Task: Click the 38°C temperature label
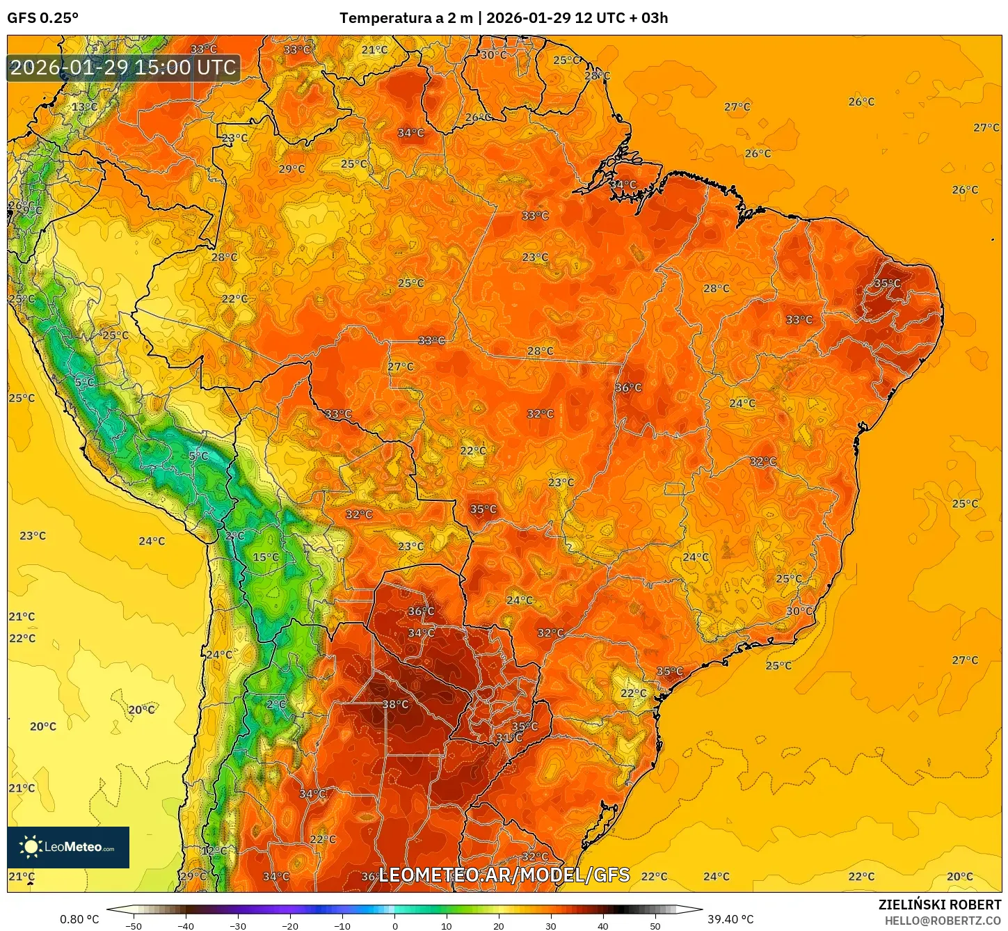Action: [396, 705]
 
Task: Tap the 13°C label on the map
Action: [84, 107]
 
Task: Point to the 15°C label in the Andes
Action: [266, 557]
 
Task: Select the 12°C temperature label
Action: [214, 850]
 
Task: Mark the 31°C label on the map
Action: [509, 738]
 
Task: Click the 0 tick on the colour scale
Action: [394, 925]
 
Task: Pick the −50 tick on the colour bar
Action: [134, 925]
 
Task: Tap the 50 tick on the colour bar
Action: [655, 925]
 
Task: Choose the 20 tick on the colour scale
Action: [499, 925]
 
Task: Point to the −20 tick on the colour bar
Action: [290, 925]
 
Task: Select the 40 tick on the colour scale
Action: [602, 925]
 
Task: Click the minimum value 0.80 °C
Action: [79, 919]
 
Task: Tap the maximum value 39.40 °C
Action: [730, 919]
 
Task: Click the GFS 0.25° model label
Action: [42, 18]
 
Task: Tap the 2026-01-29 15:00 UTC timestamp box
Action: [123, 67]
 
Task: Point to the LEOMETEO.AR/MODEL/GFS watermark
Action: [504, 875]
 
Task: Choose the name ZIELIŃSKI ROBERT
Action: [939, 905]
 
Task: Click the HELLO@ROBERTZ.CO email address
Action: [943, 921]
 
